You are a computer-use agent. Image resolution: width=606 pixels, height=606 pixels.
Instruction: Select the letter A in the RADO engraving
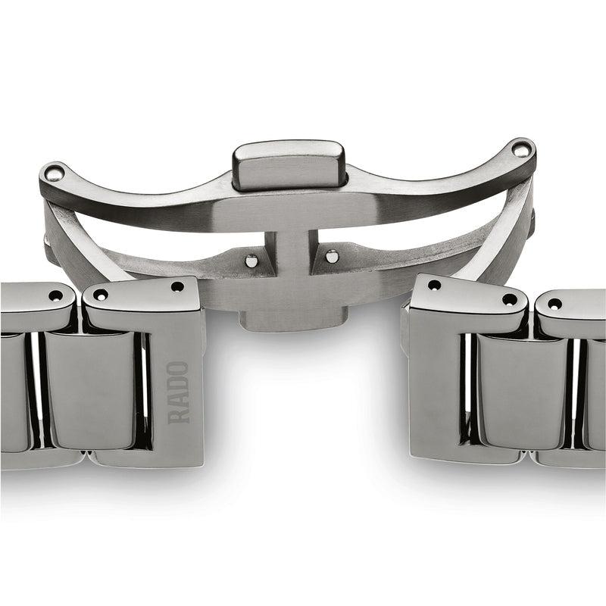tap(179, 400)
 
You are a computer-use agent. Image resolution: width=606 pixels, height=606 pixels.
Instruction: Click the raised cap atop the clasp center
tap(288, 162)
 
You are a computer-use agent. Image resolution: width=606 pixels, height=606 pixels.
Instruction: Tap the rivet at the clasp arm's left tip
tap(52, 173)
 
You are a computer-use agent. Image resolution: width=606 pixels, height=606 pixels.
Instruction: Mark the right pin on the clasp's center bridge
tap(332, 256)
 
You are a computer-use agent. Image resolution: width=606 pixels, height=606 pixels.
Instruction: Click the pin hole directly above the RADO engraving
tap(176, 287)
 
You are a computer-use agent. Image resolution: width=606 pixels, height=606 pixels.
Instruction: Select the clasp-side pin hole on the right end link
tap(434, 286)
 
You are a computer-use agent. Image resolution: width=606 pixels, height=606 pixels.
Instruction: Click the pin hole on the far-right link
tap(555, 304)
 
